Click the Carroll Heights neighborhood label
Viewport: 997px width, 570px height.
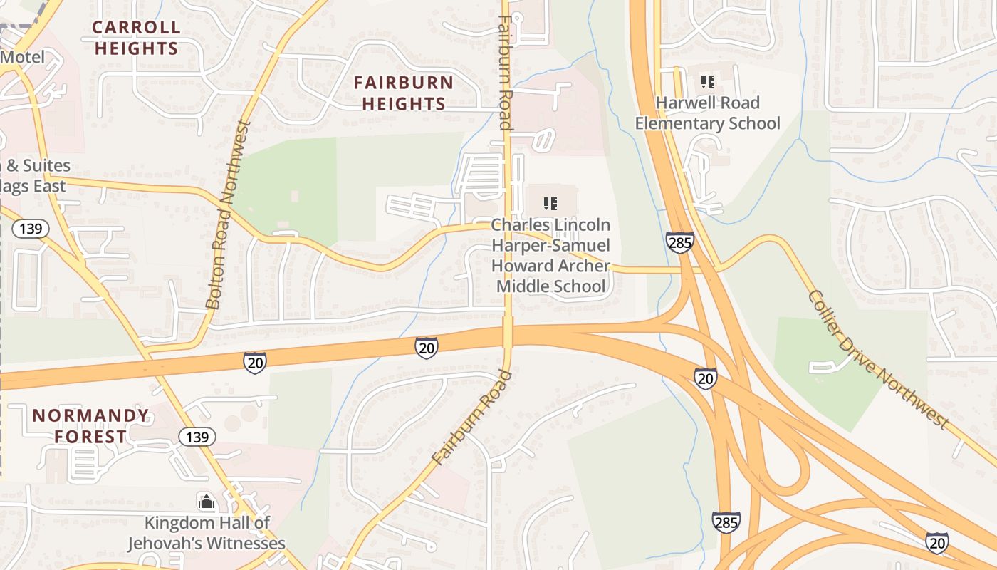click(136, 38)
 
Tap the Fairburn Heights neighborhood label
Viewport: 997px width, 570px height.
click(404, 93)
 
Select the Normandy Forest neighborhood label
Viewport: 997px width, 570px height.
click(90, 426)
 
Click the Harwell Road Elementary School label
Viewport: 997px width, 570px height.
click(707, 113)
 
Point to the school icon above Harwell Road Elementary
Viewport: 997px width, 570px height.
click(707, 82)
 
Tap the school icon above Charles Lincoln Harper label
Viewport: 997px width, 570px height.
click(550, 204)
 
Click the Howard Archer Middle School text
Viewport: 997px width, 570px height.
click(550, 276)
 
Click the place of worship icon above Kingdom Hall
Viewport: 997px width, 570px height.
click(207, 502)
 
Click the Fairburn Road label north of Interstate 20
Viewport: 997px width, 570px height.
click(504, 71)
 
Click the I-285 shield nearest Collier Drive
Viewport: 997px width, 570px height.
click(680, 242)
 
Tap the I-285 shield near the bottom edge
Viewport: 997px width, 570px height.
click(726, 522)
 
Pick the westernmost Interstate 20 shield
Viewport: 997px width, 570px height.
click(254, 362)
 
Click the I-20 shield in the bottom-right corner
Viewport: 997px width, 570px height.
click(936, 542)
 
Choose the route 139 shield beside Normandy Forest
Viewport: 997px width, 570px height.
click(197, 437)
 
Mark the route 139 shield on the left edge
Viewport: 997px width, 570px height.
click(31, 229)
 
